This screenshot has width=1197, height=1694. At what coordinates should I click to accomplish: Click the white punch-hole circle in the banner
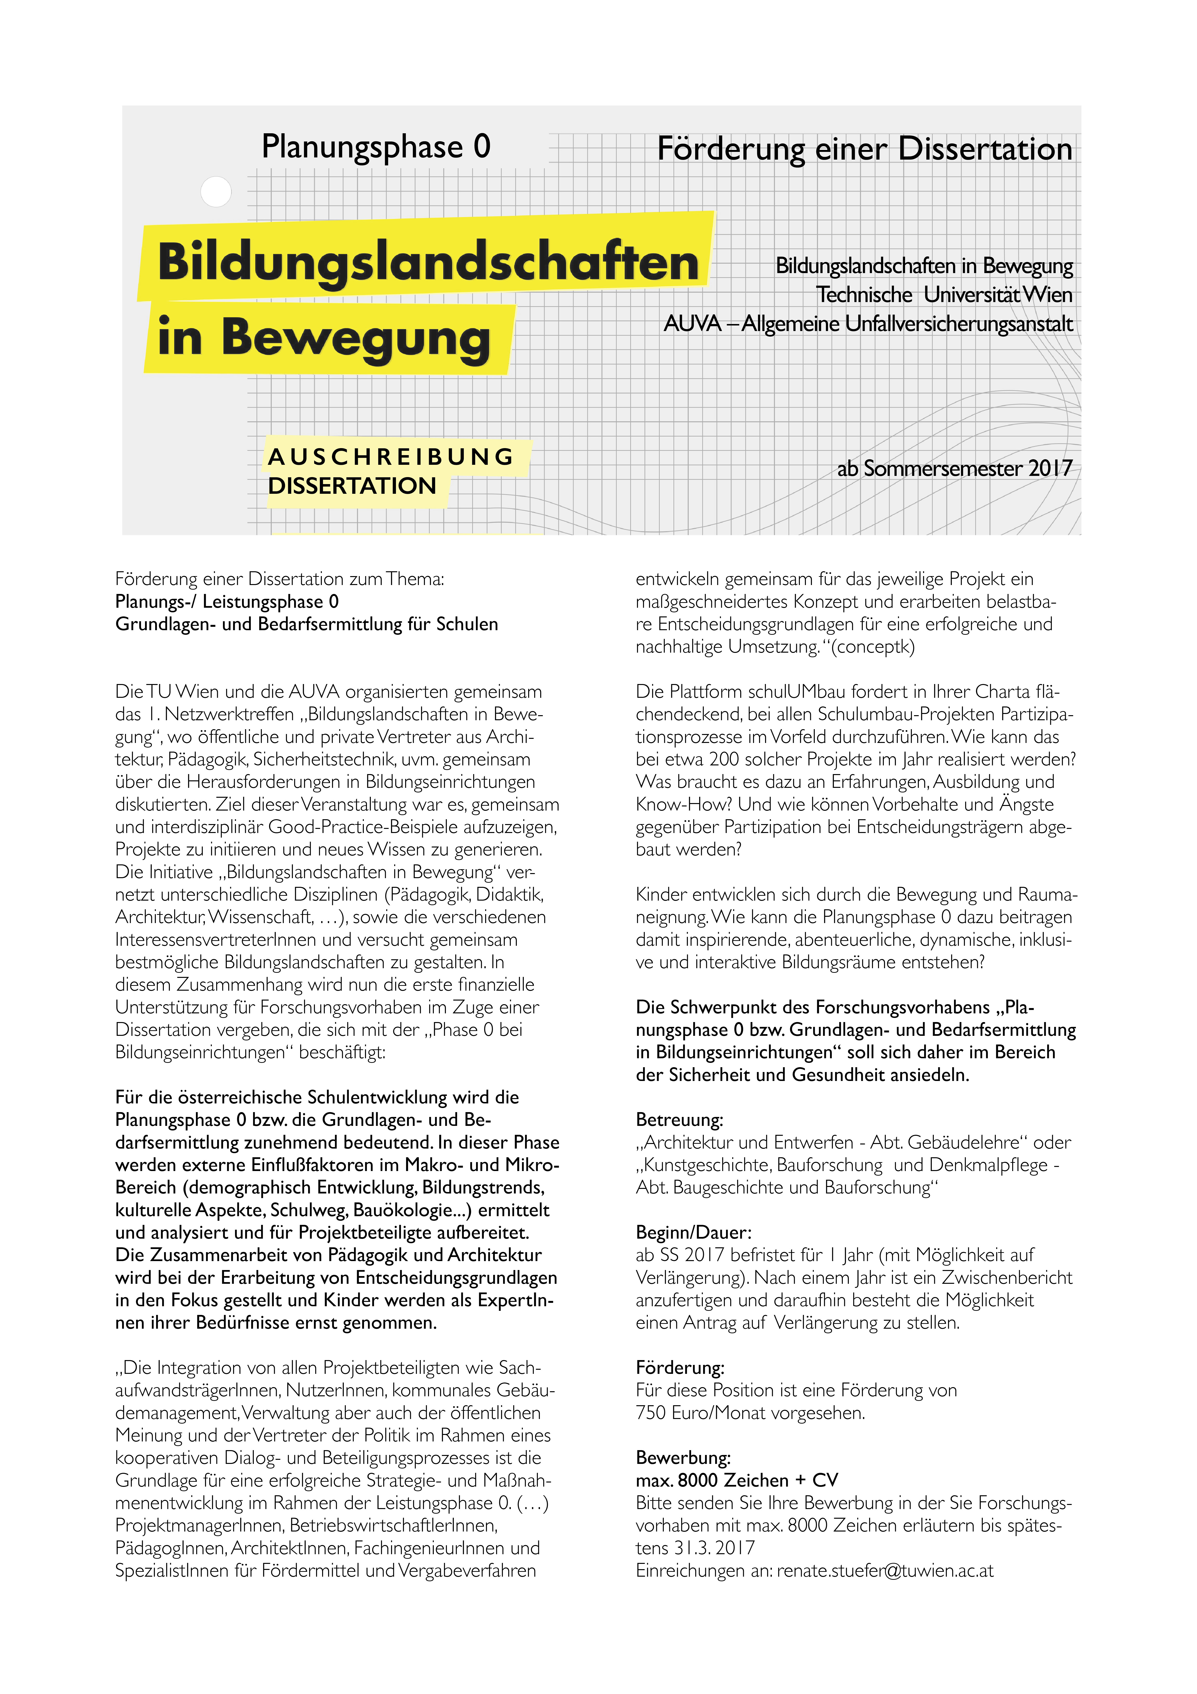[216, 192]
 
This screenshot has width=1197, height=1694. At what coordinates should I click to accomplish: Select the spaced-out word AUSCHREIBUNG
[391, 458]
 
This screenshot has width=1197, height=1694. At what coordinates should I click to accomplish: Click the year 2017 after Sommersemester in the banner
[1050, 468]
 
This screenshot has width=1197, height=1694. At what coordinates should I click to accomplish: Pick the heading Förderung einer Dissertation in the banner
[864, 149]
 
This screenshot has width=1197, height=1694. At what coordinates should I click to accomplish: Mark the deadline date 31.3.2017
[715, 1547]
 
